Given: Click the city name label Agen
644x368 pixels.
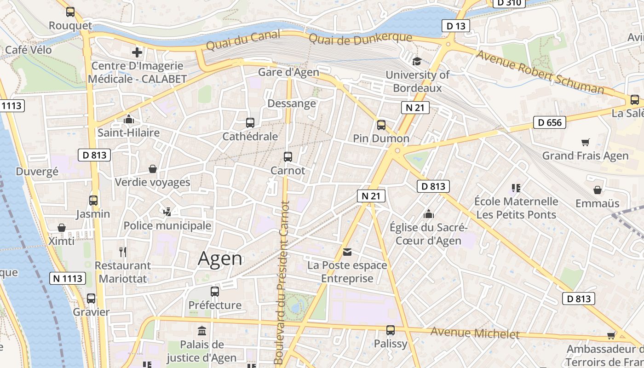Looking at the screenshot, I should pyautogui.click(x=220, y=259).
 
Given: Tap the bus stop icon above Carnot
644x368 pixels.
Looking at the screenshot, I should pyautogui.click(x=288, y=157).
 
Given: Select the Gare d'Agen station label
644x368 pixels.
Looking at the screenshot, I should pyautogui.click(x=288, y=72).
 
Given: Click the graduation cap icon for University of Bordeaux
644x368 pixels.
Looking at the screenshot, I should pyautogui.click(x=417, y=61).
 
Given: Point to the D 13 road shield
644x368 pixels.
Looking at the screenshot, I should pyautogui.click(x=456, y=26).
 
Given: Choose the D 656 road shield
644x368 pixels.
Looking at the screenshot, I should pyautogui.click(x=549, y=122).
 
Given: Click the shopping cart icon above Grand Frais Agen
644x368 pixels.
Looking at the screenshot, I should pyautogui.click(x=585, y=142).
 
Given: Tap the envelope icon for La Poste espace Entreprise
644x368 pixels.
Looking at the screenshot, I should pyautogui.click(x=347, y=252).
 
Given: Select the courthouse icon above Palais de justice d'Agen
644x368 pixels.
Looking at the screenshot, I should pyautogui.click(x=201, y=331).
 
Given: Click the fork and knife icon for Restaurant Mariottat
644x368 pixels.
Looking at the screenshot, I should pyautogui.click(x=122, y=252).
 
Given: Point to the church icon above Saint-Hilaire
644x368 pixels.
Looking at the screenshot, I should pyautogui.click(x=128, y=120).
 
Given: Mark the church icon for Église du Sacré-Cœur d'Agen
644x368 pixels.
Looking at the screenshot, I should pyautogui.click(x=428, y=214).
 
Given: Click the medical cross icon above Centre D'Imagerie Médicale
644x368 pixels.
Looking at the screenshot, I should pyautogui.click(x=137, y=52).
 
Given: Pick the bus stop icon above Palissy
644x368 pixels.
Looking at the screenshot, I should pyautogui.click(x=391, y=330).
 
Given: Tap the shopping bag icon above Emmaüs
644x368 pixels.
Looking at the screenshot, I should pyautogui.click(x=597, y=190).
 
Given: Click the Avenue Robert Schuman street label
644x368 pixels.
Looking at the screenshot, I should pyautogui.click(x=540, y=72).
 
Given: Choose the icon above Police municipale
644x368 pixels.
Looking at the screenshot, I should pyautogui.click(x=167, y=212).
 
